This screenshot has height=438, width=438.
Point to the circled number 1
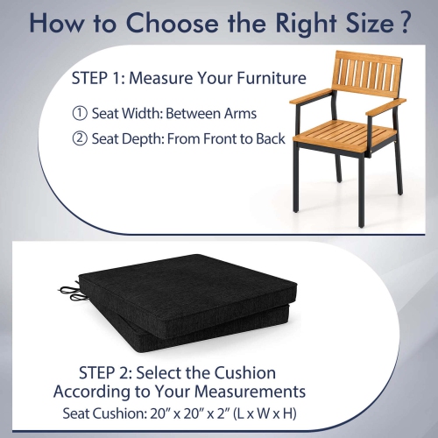click(78, 113)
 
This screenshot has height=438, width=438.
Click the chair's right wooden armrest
click(386, 106)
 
